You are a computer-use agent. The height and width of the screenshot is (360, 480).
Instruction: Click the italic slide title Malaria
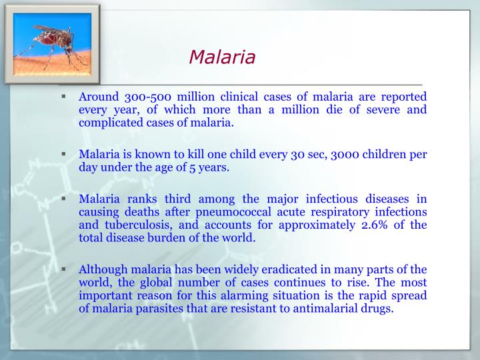click(x=222, y=57)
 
